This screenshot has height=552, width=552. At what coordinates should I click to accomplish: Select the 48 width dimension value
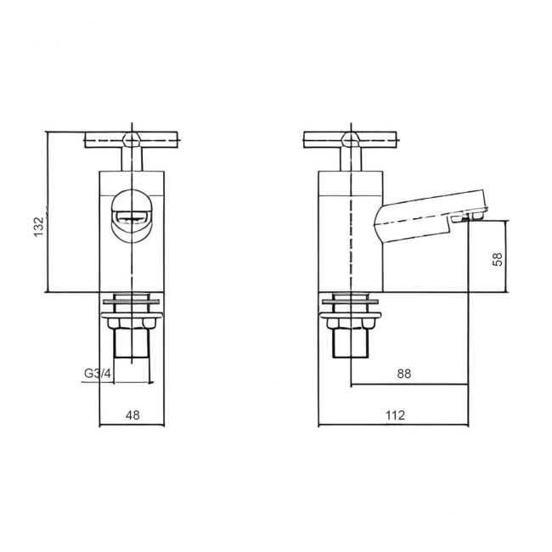point(132,415)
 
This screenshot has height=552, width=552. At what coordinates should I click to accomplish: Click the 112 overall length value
point(395,415)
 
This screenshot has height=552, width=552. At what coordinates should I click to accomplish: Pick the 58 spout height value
point(498,257)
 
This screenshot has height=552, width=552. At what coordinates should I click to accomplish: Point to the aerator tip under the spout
point(468,217)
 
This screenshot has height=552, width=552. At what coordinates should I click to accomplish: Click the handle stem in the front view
point(132,160)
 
